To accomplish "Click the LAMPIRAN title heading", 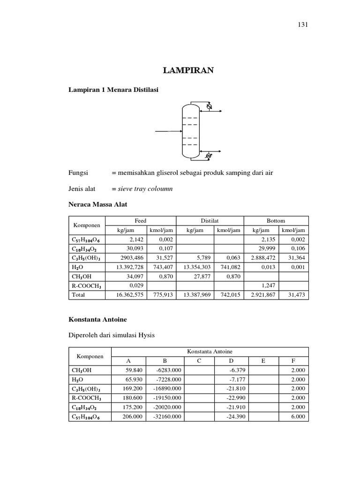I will [x=188, y=70].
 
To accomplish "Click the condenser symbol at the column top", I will [x=209, y=108].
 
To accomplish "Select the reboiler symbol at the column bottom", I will [x=209, y=155].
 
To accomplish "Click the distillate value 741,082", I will [x=229, y=267].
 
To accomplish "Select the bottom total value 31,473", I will [x=295, y=294].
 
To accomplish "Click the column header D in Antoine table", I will [x=231, y=360].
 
